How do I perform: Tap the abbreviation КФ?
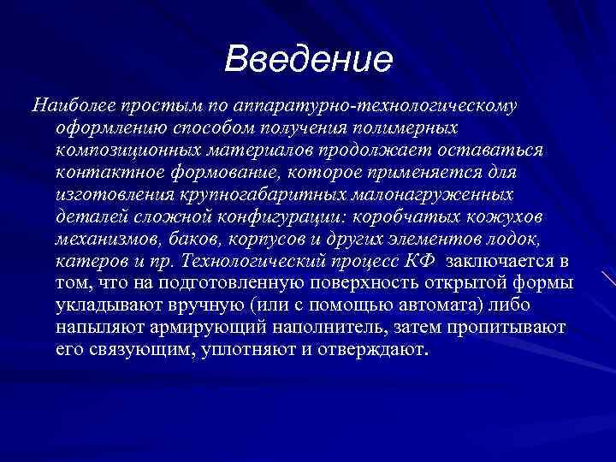[418, 261]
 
